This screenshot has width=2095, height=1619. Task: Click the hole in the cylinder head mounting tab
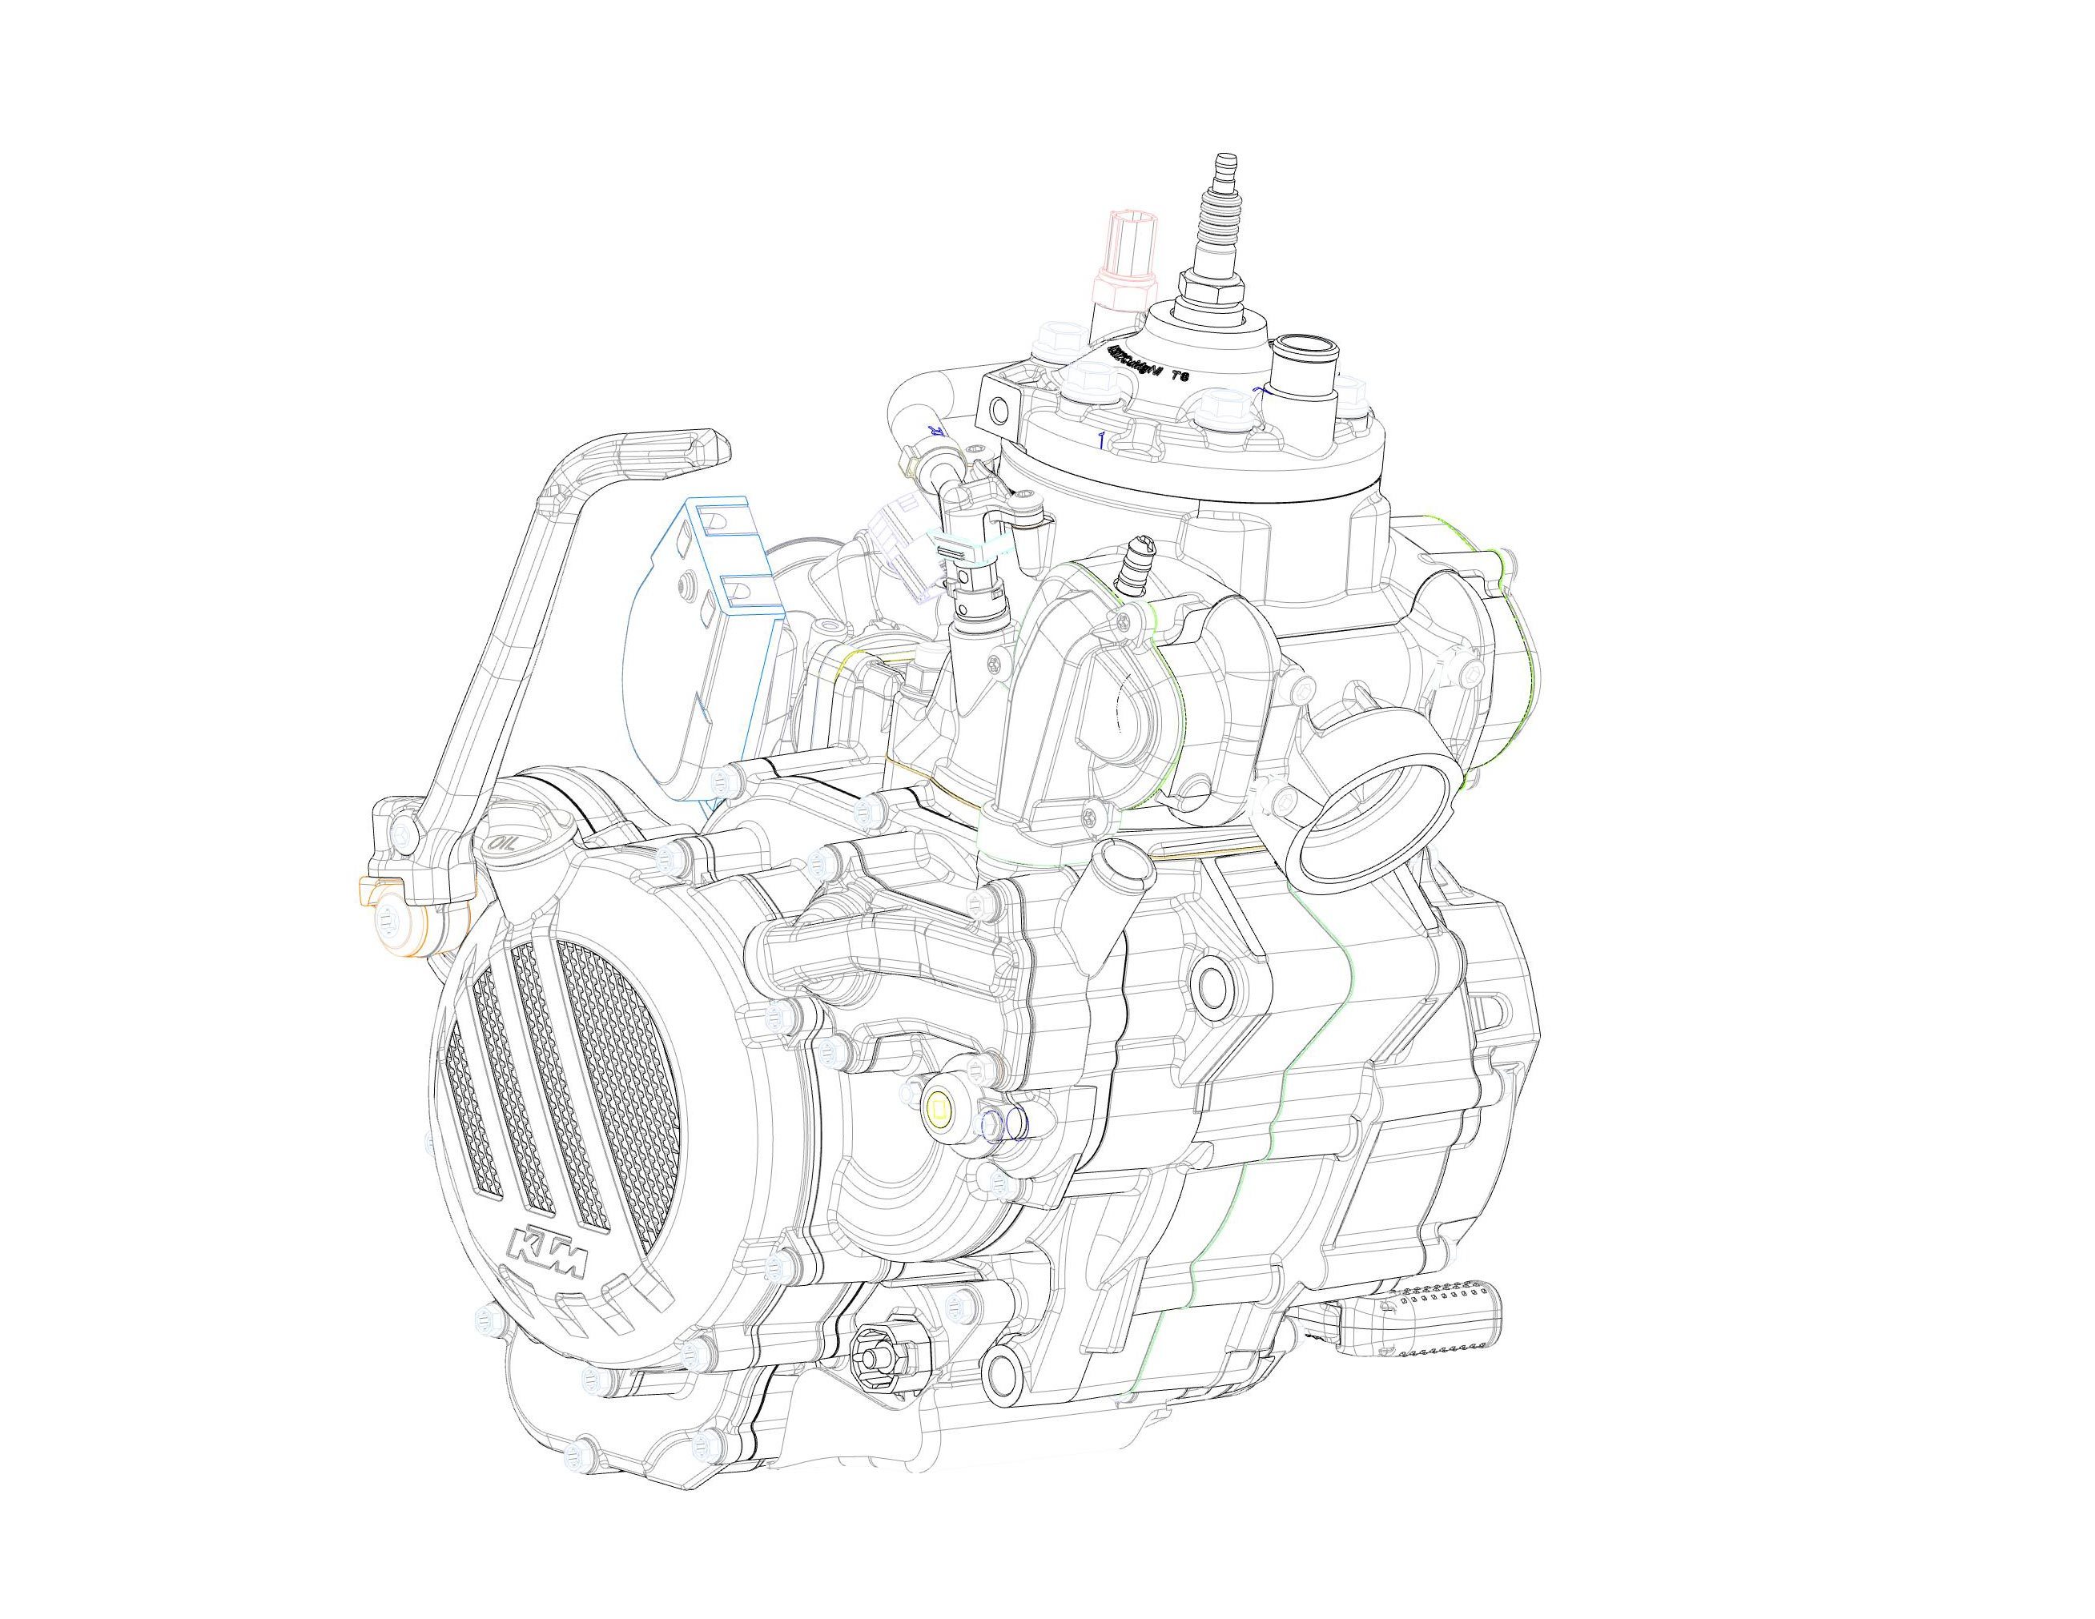click(x=999, y=411)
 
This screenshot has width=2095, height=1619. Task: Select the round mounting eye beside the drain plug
click(x=1003, y=1392)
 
